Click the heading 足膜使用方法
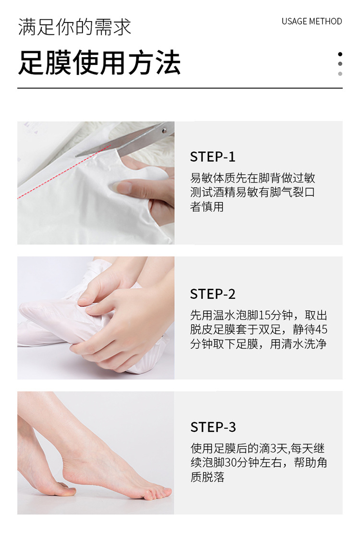click(99, 62)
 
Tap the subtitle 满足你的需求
click(74, 27)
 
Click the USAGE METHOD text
click(312, 21)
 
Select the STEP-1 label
click(213, 157)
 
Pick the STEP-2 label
click(213, 294)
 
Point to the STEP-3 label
click(213, 427)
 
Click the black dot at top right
click(340, 54)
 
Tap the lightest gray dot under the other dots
click(340, 74)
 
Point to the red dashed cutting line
click(64, 172)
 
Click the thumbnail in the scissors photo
click(121, 187)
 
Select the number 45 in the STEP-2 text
click(322, 329)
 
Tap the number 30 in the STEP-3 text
click(231, 463)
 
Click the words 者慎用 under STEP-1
click(207, 207)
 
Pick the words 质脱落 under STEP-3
click(207, 477)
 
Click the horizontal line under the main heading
click(180, 88)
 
